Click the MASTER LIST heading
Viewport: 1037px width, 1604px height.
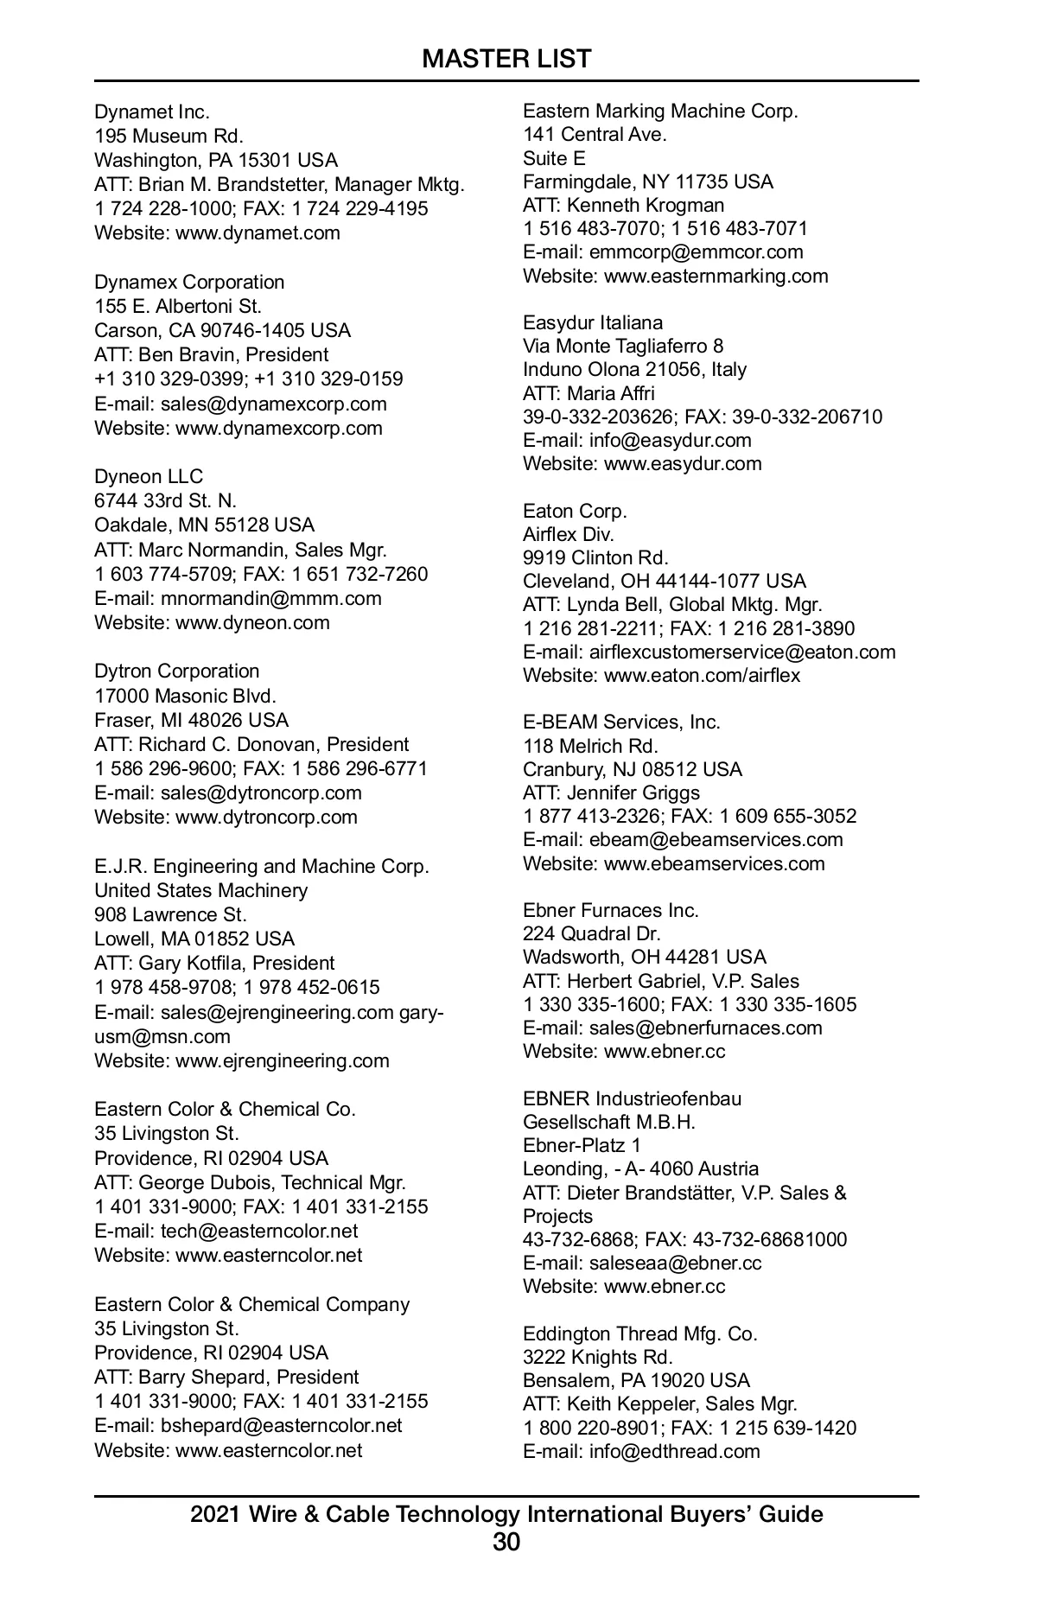506,59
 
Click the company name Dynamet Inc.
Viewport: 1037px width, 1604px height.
152,111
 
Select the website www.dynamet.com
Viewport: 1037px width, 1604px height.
258,232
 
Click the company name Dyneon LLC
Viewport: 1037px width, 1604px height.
149,476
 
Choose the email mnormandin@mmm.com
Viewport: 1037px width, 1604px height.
270,598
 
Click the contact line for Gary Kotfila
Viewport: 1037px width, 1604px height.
214,963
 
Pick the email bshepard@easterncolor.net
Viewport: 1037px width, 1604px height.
281,1425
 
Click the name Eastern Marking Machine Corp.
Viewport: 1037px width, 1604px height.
660,111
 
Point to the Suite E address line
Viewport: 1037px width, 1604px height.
554,158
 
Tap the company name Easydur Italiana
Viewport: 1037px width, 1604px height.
593,322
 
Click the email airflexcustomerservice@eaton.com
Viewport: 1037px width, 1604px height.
742,652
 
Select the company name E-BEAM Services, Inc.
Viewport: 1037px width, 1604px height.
621,722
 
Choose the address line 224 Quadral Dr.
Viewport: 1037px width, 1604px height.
591,933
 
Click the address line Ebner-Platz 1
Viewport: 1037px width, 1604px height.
582,1145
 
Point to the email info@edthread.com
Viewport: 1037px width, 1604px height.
674,1451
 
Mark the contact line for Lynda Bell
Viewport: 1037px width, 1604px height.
672,604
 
